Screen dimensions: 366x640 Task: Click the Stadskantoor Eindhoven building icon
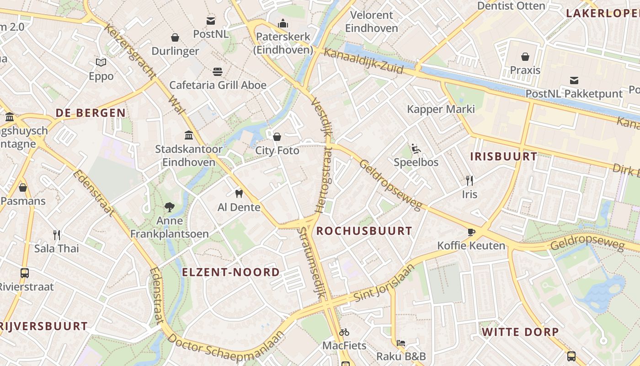click(x=188, y=135)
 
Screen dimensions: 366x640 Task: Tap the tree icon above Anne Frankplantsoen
click(x=170, y=207)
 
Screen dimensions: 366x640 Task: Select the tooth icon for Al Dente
click(x=239, y=194)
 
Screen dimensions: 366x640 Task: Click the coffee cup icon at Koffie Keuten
click(x=471, y=232)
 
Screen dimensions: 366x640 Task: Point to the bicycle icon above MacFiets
click(x=344, y=332)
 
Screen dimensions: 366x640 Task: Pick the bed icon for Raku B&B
click(x=401, y=343)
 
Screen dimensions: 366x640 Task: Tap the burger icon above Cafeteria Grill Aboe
click(x=218, y=72)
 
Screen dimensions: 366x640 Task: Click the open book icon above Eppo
click(x=101, y=62)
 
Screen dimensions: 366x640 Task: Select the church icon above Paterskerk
click(x=283, y=23)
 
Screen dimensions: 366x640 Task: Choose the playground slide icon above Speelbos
click(x=416, y=149)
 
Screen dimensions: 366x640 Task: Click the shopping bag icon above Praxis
click(x=525, y=57)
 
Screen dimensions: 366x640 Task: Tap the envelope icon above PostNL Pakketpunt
click(x=574, y=81)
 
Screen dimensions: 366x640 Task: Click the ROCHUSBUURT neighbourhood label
click(x=364, y=231)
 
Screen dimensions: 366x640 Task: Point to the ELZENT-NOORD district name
click(x=231, y=272)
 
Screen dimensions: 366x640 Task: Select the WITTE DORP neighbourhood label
click(x=520, y=332)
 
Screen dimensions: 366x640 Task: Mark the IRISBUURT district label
click(x=504, y=156)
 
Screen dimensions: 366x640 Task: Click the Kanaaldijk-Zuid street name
click(x=363, y=61)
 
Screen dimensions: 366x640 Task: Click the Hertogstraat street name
click(x=325, y=181)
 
